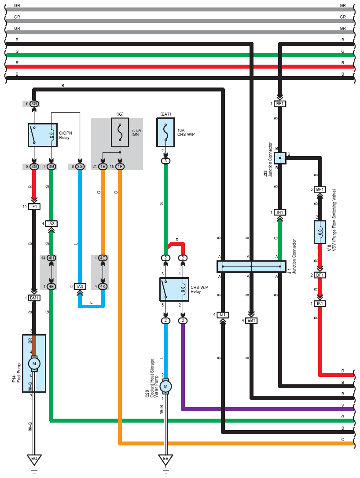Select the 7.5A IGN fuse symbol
[x=120, y=132]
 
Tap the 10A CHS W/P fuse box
[x=165, y=132]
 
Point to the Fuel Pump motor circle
[x=34, y=364]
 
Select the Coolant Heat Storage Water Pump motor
[x=165, y=386]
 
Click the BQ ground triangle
[x=34, y=459]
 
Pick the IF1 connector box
[x=34, y=206]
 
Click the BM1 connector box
[x=34, y=298]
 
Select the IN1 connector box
[x=280, y=212]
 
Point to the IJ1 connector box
[x=222, y=315]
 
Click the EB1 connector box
[x=251, y=321]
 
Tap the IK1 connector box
[x=320, y=303]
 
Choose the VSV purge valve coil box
[x=320, y=232]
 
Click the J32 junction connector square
[x=280, y=158]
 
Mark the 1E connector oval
[x=103, y=167]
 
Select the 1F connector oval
[x=120, y=167]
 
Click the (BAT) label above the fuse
[x=165, y=114]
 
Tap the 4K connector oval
[x=103, y=287]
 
